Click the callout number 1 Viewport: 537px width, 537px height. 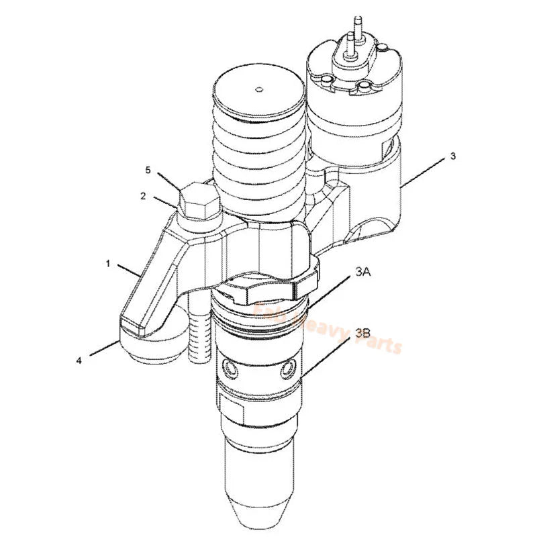(108, 264)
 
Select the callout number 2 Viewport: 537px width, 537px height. (143, 196)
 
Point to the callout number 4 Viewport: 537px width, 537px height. (79, 360)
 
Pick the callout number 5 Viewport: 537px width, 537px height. (148, 170)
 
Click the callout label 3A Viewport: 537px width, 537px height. (363, 271)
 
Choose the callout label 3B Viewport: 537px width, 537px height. (362, 332)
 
